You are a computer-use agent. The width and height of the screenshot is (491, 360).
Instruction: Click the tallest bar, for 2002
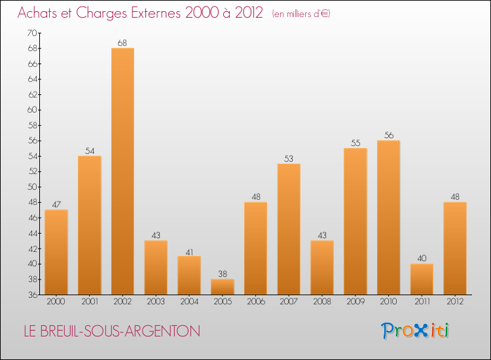click(x=122, y=171)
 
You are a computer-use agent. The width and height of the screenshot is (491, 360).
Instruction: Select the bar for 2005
click(x=223, y=287)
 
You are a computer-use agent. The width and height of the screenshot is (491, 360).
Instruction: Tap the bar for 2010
click(x=388, y=217)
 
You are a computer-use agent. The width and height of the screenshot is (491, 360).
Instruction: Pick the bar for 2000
click(x=56, y=252)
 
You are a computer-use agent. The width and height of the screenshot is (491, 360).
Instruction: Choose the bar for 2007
click(x=289, y=229)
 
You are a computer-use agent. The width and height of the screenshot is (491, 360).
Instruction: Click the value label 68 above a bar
click(x=122, y=43)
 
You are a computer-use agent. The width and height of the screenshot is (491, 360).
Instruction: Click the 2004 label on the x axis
click(x=189, y=302)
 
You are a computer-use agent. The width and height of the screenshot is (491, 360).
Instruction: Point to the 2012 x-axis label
click(x=455, y=302)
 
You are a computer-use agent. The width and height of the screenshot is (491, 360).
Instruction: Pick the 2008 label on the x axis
click(x=322, y=302)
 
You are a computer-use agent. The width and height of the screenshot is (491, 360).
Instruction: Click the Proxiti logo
click(x=415, y=331)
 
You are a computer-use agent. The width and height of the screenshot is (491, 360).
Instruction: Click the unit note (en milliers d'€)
click(x=300, y=14)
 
